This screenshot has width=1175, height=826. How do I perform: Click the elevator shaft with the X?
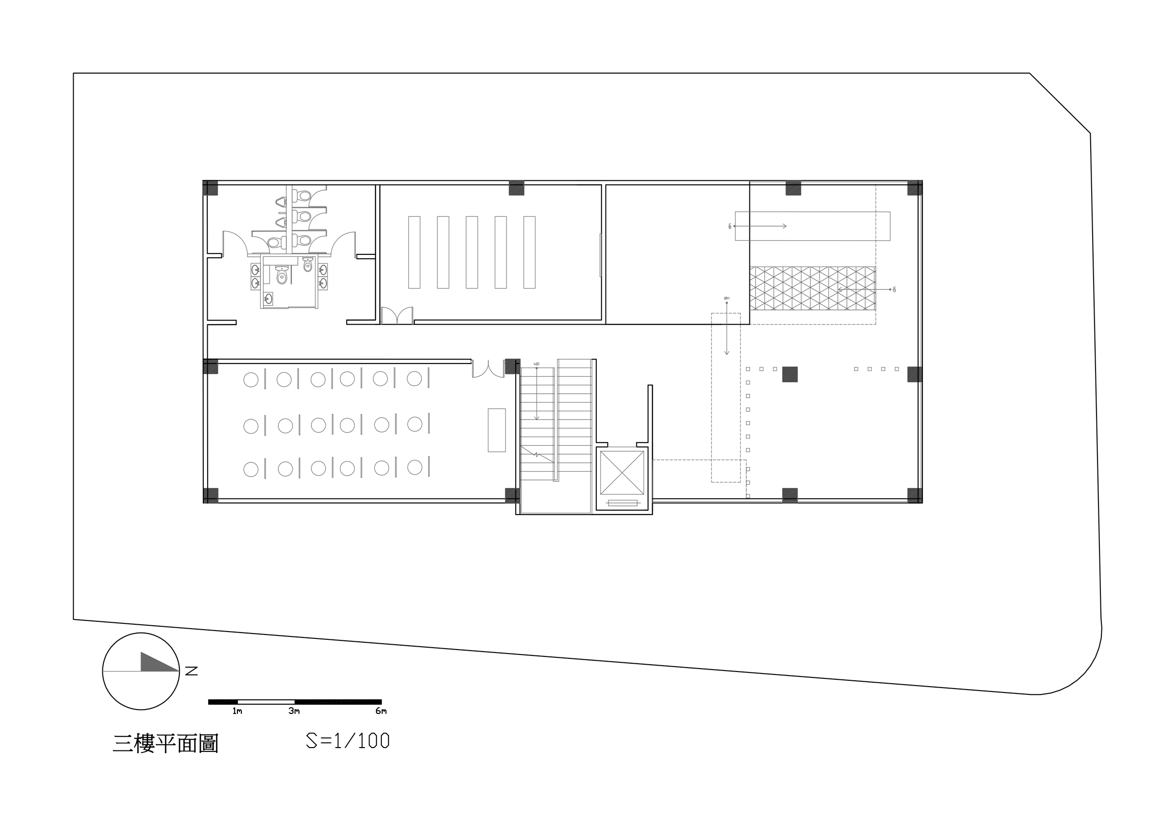(622, 473)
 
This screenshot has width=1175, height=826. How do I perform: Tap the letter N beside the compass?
(192, 671)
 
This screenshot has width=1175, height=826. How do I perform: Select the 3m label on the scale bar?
(294, 711)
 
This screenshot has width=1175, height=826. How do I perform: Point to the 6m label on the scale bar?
(381, 711)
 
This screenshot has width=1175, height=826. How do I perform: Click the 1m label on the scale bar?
(237, 711)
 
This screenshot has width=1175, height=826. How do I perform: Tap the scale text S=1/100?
(348, 741)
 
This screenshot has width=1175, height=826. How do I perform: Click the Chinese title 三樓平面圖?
(166, 744)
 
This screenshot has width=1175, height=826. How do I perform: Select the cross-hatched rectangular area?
(813, 288)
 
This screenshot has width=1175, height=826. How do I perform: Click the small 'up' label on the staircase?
(536, 364)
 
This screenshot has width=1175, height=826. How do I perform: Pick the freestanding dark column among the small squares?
(790, 374)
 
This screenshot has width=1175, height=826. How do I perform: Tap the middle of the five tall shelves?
(472, 252)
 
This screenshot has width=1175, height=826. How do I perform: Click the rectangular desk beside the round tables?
(496, 430)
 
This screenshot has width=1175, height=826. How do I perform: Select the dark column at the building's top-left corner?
(210, 188)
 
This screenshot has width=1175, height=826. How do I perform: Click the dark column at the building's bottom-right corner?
(915, 496)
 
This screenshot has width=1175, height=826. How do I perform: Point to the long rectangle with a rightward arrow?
(813, 226)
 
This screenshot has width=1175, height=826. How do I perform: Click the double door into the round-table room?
(488, 369)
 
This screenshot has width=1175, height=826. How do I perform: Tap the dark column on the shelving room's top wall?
(516, 188)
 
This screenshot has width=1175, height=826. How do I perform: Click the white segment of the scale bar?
(266, 702)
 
